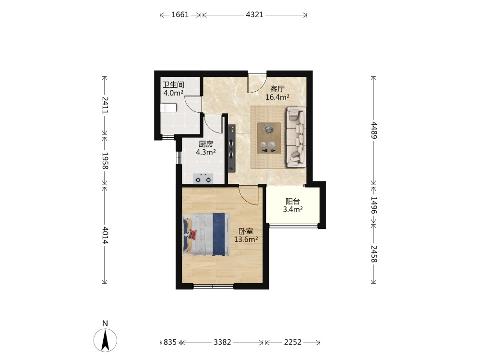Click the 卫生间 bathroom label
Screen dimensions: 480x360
(173, 84)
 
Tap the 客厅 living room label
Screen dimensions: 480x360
(277, 89)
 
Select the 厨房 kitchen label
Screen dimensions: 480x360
(206, 144)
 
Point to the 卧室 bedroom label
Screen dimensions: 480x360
(246, 231)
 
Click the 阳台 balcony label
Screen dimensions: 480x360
(293, 202)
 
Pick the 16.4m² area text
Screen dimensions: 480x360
(277, 97)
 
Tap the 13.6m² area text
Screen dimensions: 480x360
(246, 240)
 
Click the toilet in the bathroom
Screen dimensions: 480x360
(168, 108)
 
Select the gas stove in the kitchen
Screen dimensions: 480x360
(203, 179)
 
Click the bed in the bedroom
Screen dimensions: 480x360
(206, 234)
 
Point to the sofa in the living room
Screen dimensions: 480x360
(296, 137)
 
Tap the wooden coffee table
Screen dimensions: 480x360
(269, 138)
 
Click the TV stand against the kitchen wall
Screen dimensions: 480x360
(231, 147)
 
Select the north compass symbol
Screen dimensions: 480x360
(105, 337)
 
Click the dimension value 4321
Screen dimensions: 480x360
(255, 15)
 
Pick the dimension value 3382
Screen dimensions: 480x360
(222, 342)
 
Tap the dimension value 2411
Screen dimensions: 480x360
(105, 105)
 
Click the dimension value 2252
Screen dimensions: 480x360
(293, 342)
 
